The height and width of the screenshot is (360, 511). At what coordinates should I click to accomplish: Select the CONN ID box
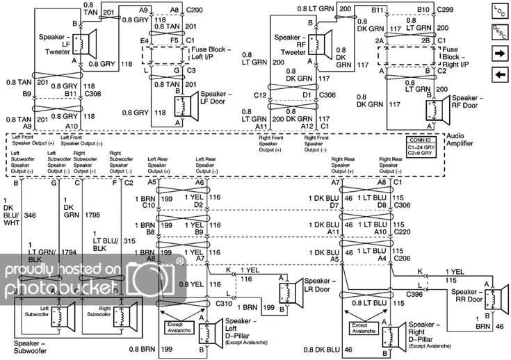click(x=423, y=147)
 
